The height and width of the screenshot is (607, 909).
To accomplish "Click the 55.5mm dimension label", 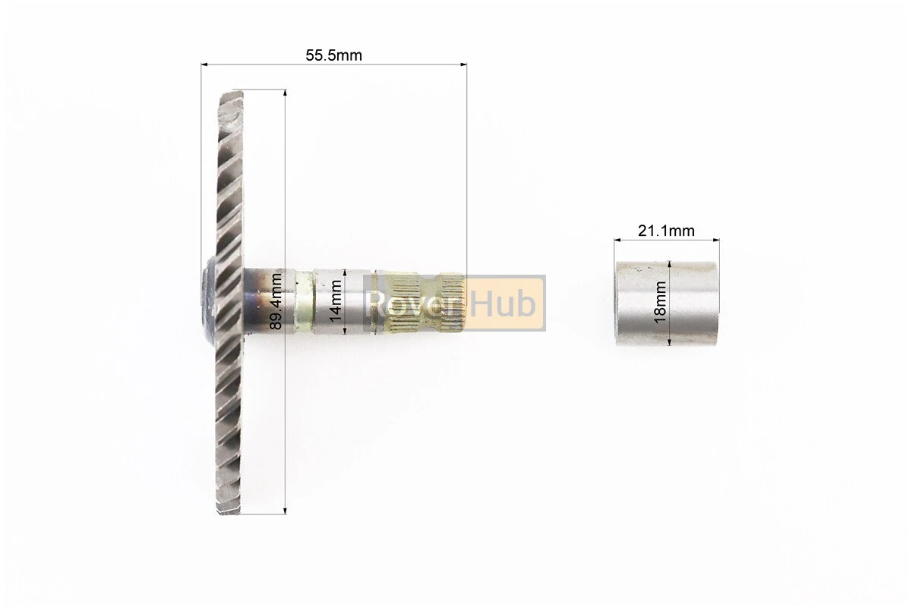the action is (333, 55).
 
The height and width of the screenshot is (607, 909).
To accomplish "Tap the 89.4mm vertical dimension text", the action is (276, 301).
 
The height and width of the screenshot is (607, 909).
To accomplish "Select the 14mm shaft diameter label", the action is (334, 301).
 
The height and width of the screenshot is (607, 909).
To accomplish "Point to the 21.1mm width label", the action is (666, 231).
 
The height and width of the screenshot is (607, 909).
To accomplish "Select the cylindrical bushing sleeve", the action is (666, 303).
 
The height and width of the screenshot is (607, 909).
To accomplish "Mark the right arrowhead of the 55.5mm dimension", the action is (463, 64).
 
